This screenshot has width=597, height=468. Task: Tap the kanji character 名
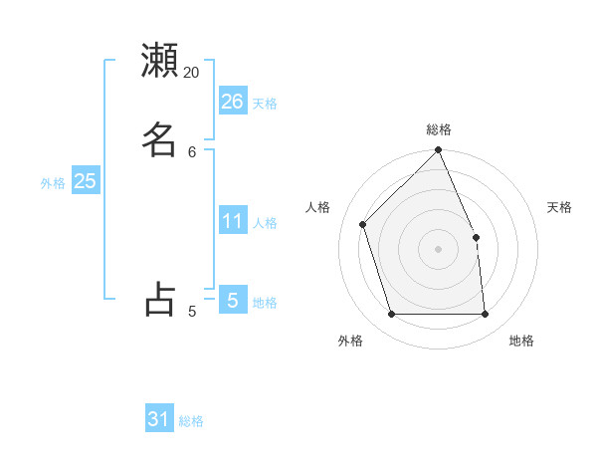click(159, 138)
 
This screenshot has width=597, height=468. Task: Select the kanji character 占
click(159, 298)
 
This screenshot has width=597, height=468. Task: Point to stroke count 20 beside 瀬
click(192, 73)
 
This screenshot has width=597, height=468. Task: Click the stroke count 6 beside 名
click(192, 151)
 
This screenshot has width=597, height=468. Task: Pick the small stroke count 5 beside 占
click(192, 312)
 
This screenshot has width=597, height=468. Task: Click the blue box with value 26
click(233, 102)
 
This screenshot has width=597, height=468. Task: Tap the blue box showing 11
click(233, 221)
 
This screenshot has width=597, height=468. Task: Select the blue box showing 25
click(86, 181)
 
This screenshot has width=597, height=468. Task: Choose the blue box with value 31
click(159, 420)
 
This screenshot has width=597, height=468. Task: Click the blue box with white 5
click(233, 300)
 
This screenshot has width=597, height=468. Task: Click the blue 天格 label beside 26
click(265, 104)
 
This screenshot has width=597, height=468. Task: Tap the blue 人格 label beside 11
click(265, 223)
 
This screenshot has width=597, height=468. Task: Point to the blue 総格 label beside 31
click(191, 422)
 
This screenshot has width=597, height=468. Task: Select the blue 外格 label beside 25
click(53, 183)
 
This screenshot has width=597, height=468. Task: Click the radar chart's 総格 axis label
click(439, 129)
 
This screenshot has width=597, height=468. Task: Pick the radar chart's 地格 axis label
click(521, 341)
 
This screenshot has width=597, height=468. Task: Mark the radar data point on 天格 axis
click(476, 237)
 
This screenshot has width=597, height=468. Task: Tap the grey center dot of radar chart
click(439, 249)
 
